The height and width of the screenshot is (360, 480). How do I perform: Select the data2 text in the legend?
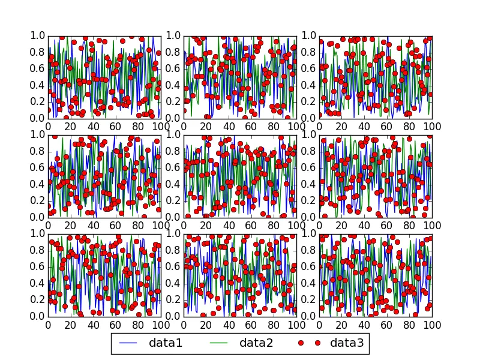click(x=257, y=343)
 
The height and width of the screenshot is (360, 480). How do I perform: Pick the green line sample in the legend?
click(x=222, y=343)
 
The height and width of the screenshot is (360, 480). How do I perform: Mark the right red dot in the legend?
click(x=319, y=343)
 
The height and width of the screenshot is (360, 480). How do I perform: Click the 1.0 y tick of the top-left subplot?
click(x=37, y=36)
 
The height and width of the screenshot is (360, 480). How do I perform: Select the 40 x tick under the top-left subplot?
click(x=93, y=127)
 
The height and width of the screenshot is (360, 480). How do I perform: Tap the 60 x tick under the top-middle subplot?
click(x=251, y=127)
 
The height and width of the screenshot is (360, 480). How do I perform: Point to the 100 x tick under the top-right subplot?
click(x=431, y=127)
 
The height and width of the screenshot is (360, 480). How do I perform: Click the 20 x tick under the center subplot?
click(x=206, y=226)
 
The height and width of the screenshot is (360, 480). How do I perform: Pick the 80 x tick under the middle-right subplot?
click(x=409, y=226)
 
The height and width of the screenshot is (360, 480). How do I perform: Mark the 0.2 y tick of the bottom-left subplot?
click(x=37, y=299)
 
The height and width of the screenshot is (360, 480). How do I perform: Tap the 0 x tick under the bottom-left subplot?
click(x=48, y=325)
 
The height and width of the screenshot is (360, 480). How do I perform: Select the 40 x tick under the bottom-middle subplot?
click(x=229, y=325)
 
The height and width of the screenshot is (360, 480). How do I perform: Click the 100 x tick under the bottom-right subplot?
click(x=431, y=325)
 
